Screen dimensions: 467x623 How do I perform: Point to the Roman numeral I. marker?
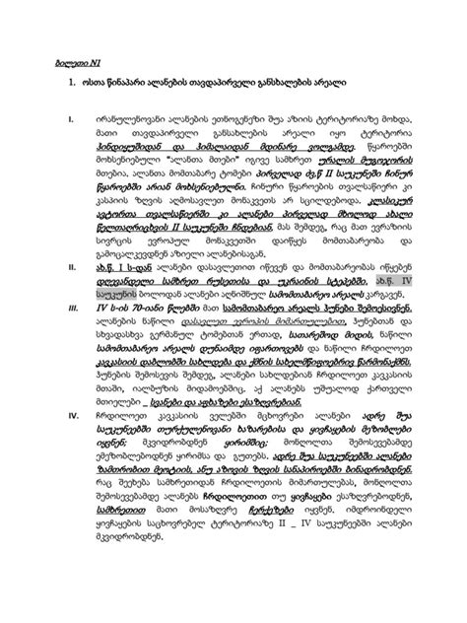click(70, 121)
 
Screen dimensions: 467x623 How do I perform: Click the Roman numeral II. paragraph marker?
click(70, 266)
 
